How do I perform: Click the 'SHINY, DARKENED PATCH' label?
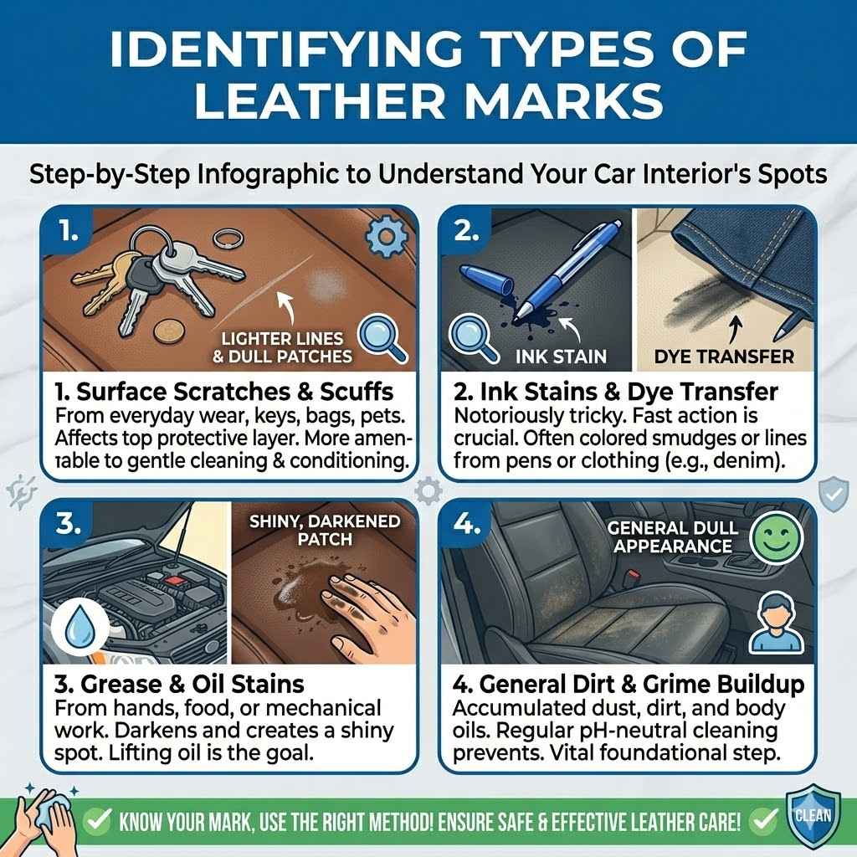pos(324,530)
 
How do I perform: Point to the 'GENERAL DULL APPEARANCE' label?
pos(672,537)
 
